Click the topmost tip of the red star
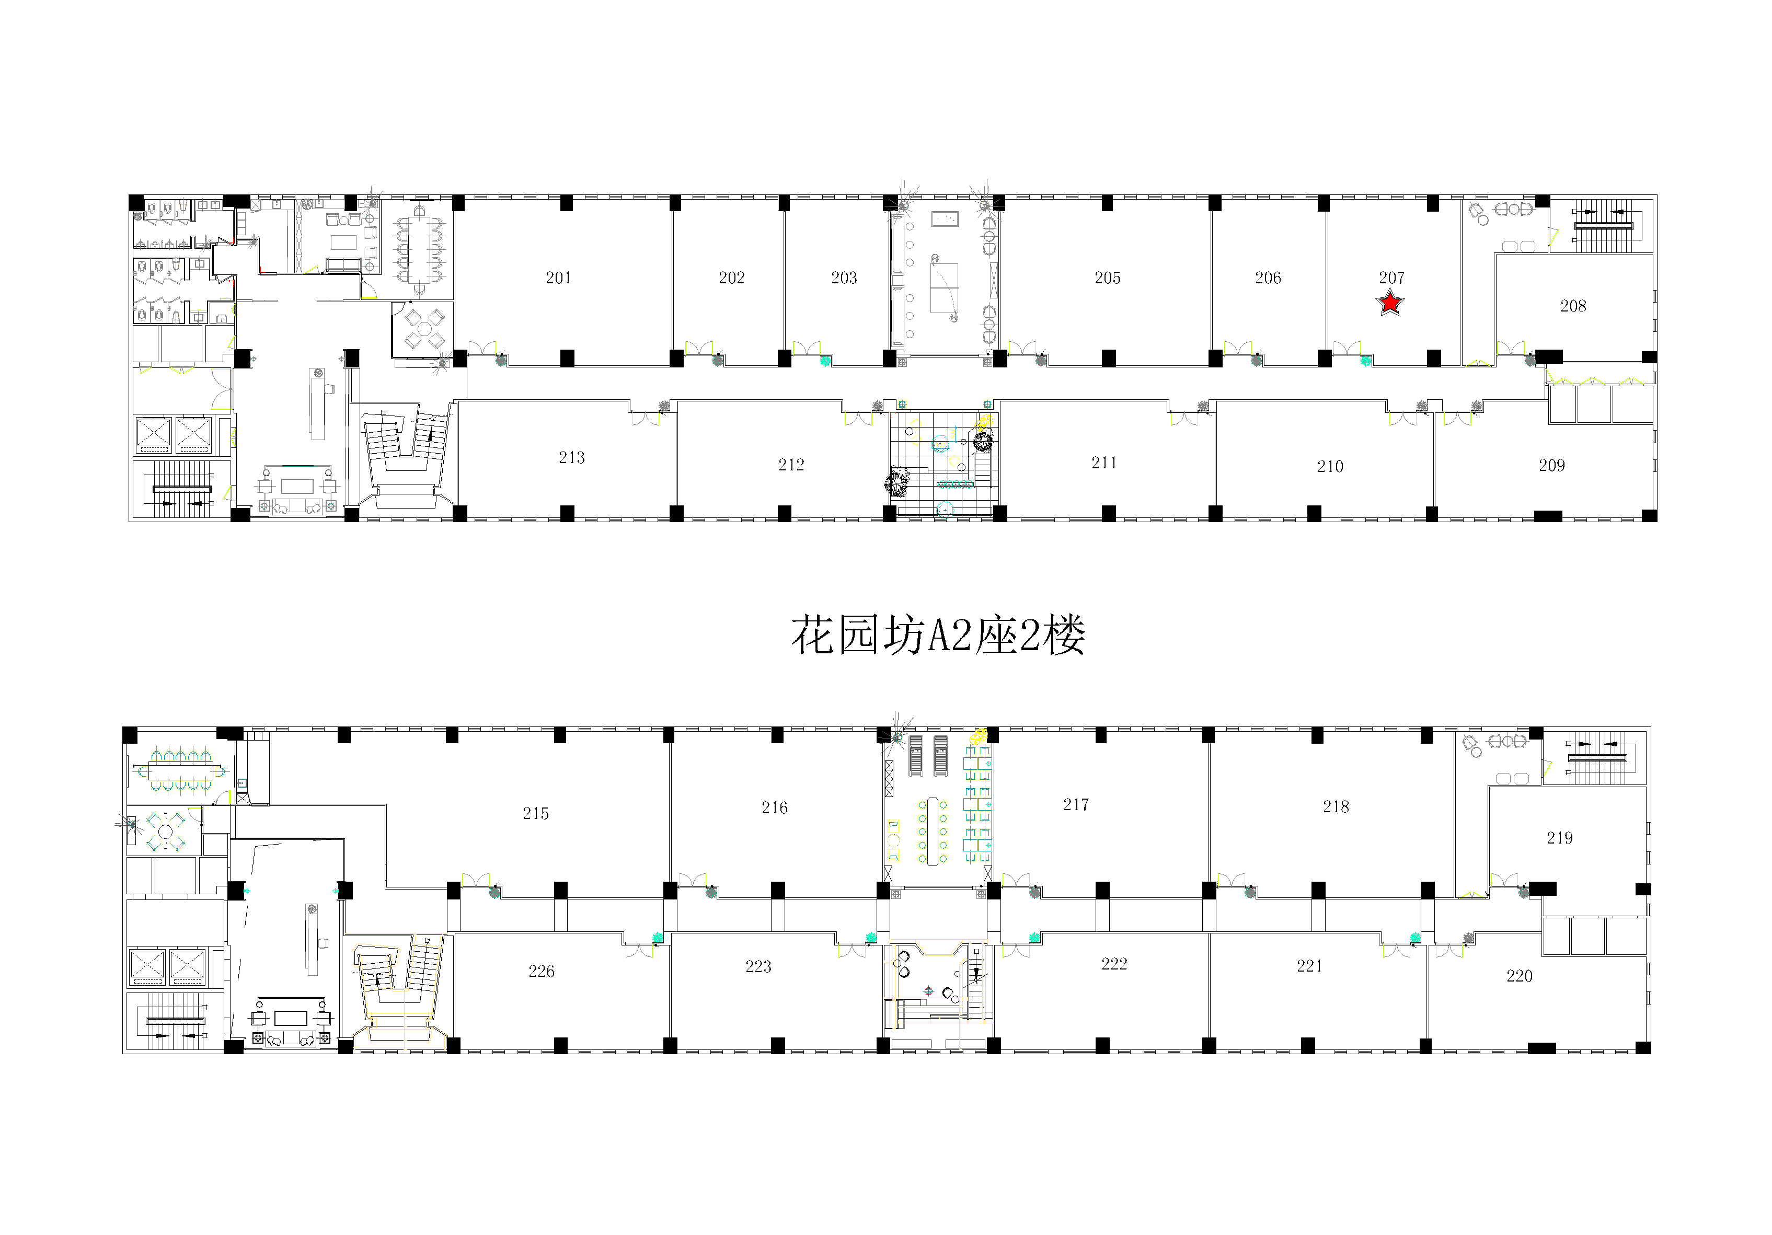click(1390, 290)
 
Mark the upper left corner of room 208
click(1495, 255)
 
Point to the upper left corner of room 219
click(1489, 787)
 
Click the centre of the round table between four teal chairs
click(165, 832)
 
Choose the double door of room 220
click(1448, 951)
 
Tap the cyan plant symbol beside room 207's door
click(1366, 360)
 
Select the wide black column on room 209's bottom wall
click(1547, 516)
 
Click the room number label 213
click(572, 458)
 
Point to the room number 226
click(541, 971)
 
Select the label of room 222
click(1114, 963)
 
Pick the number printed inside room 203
click(844, 278)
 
